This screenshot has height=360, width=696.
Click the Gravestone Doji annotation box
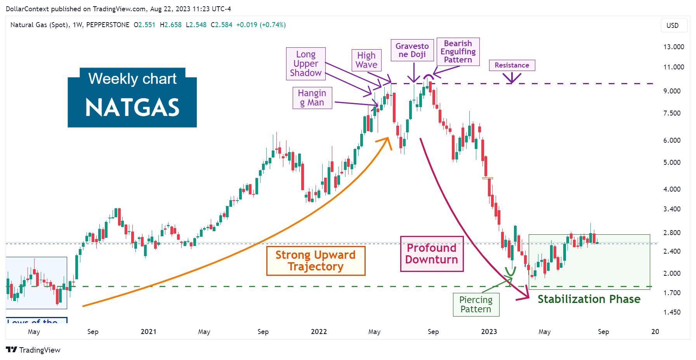pos(412,50)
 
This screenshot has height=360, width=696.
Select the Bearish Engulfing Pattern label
pos(458,52)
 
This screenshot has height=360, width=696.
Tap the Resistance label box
pos(512,65)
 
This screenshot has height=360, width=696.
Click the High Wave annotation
pos(366,60)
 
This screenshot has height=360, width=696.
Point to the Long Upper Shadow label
pos(305,64)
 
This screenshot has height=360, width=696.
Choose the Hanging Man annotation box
pos(312,98)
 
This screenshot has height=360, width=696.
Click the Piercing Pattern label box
pos(476,305)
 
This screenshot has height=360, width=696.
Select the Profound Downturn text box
pos(432,254)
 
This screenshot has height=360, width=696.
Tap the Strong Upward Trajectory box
pos(315,261)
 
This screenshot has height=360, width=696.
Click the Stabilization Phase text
pos(588,299)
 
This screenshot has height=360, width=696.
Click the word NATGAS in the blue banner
pos(132,107)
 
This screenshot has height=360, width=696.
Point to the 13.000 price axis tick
pos(673,47)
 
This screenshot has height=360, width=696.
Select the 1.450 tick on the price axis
pos(672,312)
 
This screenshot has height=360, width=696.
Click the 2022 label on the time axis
pos(319,332)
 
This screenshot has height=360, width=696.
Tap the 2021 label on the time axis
pos(148,332)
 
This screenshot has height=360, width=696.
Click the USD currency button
pos(672,26)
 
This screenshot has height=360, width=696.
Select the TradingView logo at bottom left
pos(33,350)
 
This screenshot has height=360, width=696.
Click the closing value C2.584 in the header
pos(221,25)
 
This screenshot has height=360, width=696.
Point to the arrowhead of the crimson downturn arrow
pos(526,297)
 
